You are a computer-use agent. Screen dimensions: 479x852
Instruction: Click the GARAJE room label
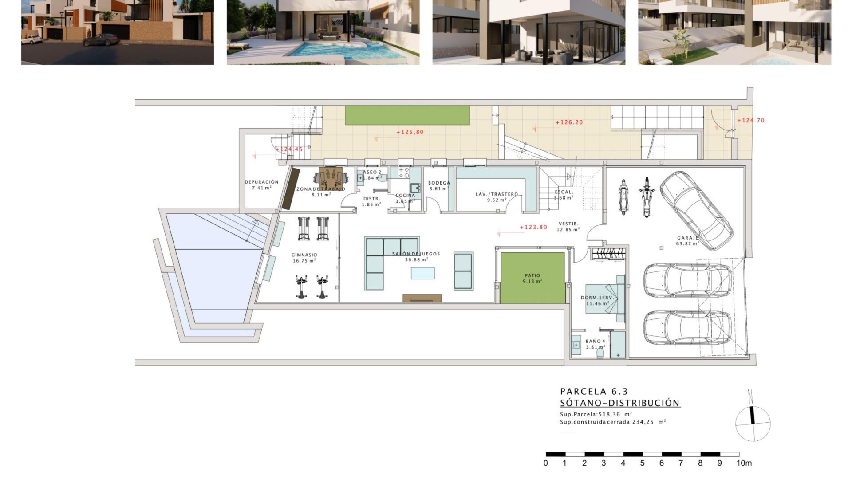687,238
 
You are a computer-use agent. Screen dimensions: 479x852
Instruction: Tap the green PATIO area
532,278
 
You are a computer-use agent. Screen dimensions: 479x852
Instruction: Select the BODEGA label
439,183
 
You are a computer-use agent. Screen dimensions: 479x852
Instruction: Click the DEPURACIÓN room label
261,182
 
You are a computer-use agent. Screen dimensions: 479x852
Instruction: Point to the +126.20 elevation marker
569,122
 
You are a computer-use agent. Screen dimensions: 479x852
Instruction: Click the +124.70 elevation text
751,120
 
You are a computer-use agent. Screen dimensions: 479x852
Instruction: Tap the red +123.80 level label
533,227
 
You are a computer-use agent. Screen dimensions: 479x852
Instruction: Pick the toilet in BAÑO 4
600,353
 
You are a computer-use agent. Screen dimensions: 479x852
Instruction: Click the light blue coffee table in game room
422,273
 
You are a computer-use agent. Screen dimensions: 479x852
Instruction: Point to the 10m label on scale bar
744,463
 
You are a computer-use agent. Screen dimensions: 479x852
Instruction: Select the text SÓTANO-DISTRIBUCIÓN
619,403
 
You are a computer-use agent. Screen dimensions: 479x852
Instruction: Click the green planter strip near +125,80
407,115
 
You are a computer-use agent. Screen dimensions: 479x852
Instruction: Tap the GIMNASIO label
304,255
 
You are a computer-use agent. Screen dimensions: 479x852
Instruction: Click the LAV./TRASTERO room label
497,194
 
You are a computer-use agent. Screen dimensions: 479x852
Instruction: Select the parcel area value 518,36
609,414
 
